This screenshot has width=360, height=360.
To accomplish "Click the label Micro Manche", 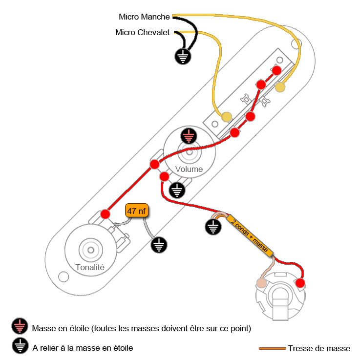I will [x=144, y=17].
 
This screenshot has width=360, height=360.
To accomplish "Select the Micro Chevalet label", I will [x=142, y=32].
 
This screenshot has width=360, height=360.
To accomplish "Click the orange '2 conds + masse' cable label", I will [x=249, y=235].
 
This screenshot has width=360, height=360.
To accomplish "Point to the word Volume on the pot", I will [x=189, y=169].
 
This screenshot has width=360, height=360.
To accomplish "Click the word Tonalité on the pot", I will [x=90, y=267].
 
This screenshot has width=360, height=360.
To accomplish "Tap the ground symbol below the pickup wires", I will [x=183, y=57].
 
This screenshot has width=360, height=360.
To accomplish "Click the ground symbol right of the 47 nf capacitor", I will [x=158, y=245].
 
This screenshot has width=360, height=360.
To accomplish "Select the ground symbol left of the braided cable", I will [x=212, y=226].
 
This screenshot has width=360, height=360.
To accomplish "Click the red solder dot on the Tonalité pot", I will [x=105, y=214].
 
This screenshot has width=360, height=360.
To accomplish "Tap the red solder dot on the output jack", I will [x=300, y=283].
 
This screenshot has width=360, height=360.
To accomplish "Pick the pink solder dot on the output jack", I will [x=262, y=283].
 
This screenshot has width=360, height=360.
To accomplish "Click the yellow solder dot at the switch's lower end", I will [x=227, y=117].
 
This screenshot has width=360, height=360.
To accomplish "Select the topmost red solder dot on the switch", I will [x=276, y=70].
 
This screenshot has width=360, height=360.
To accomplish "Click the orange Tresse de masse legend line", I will [x=272, y=348].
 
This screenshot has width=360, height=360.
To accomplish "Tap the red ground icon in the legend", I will [x=19, y=326].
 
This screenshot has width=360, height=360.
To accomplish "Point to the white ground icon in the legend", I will [x=19, y=346].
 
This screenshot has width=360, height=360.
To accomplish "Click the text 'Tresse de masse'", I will [x=318, y=348].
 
